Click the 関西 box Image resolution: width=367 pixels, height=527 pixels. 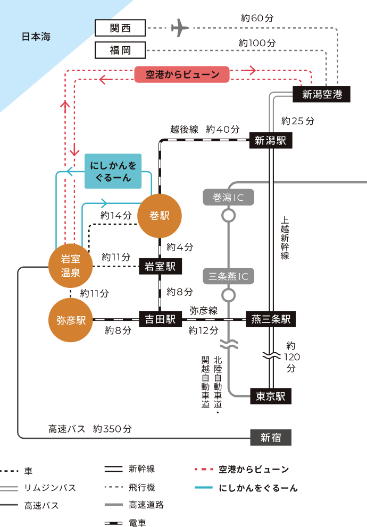pos(120,28)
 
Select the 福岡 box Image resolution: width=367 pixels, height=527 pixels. pos(120,50)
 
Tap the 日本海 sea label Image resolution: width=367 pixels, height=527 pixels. pos(36,37)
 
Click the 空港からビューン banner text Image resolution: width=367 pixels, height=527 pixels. pos(182,75)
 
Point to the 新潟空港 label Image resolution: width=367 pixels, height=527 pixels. pos(322,95)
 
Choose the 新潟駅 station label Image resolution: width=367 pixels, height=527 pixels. pos(270,141)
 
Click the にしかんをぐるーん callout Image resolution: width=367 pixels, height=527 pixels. pos(113,172)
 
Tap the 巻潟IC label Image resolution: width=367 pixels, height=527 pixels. pos(228,198)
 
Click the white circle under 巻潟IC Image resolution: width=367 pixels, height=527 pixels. pos(228,216)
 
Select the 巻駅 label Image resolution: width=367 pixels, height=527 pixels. pos(159,216)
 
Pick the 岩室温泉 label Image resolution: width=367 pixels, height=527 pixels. pos(70,266)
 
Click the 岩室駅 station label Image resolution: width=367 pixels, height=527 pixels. pos(160,267)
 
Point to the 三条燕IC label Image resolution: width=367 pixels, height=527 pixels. pos(229,276)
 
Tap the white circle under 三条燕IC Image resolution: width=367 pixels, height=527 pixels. pos(228,295)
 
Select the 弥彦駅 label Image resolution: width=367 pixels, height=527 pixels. pos(71,320)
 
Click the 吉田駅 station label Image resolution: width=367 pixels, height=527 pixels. pos(160,319)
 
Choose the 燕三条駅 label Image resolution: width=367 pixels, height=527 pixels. pos(271,319)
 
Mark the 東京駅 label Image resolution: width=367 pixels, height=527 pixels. pos(270,396)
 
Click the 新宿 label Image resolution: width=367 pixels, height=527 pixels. pos(271,438)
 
